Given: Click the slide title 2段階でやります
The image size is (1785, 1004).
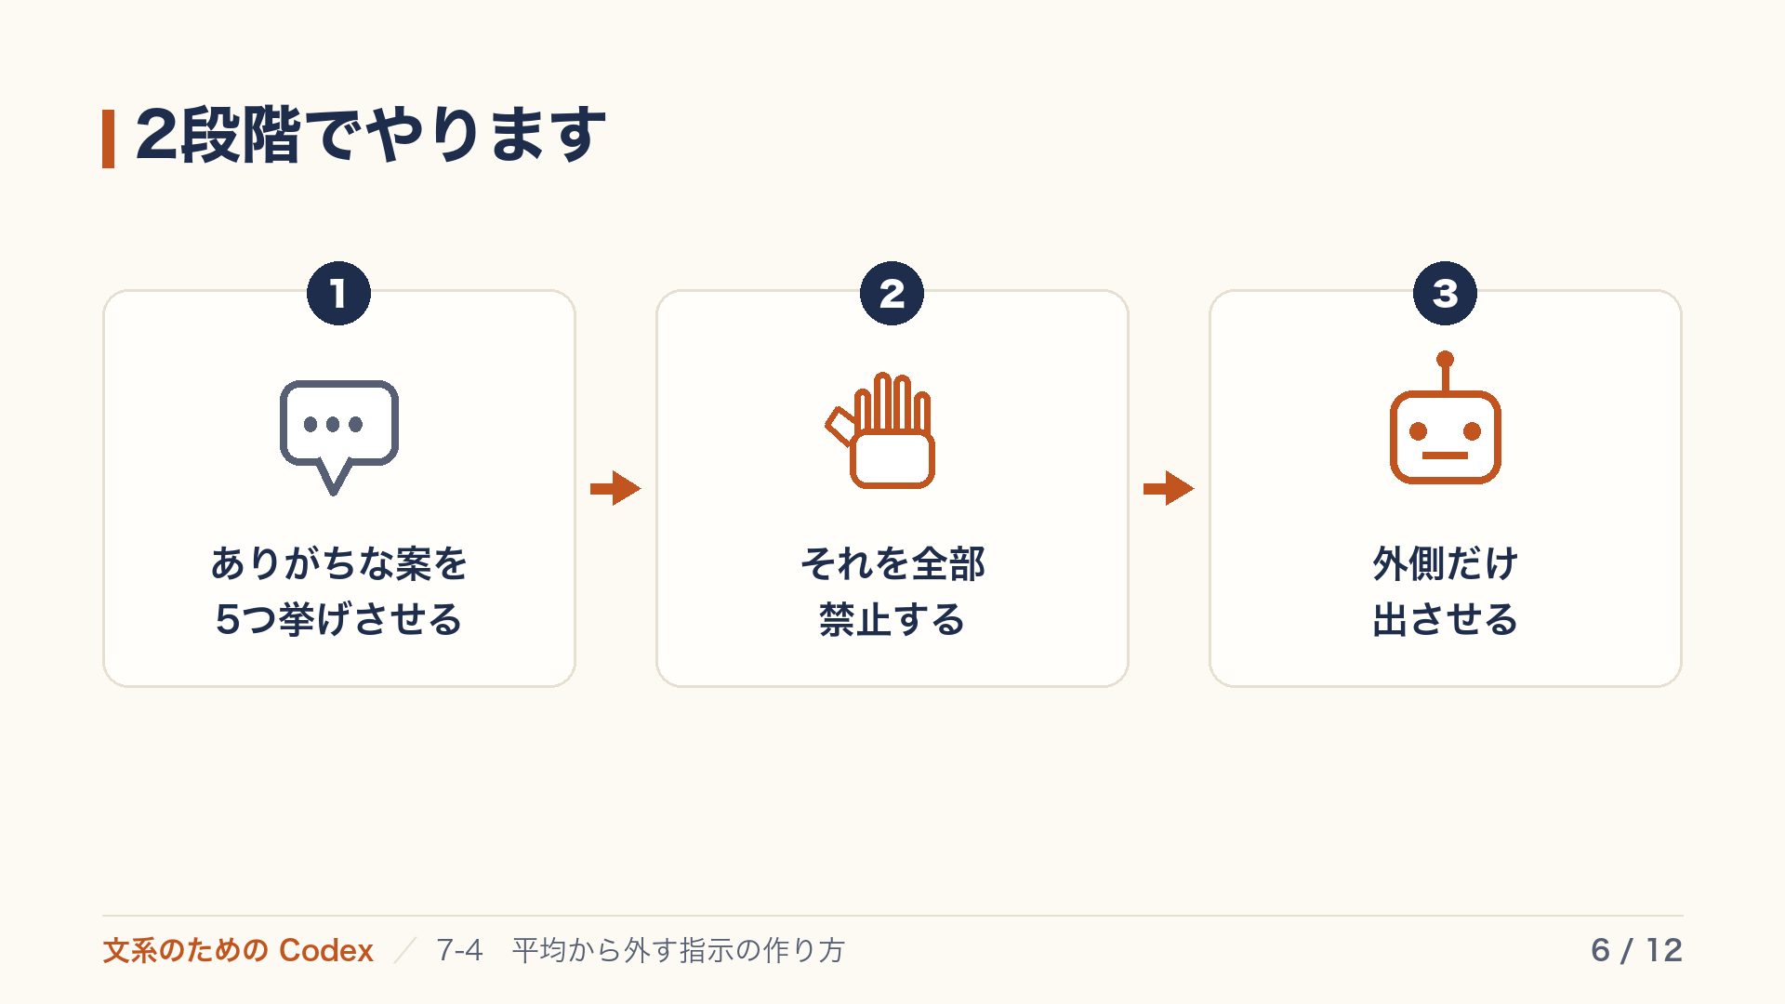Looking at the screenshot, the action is coord(371,136).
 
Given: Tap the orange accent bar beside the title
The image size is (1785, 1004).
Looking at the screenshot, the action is coord(108,139).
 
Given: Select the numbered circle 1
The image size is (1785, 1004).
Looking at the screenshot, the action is coord(338,294).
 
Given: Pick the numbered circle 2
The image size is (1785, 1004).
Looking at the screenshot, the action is coord(892,294).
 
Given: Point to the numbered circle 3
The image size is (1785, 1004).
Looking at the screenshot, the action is coord(1445,294).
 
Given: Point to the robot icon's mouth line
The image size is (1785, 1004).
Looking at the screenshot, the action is coord(1445,456).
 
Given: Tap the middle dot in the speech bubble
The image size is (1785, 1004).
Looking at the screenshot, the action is coord(333,425).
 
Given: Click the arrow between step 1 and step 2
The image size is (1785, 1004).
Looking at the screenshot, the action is coord(615,488).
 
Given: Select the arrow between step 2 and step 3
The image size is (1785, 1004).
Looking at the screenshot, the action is coord(1169,488).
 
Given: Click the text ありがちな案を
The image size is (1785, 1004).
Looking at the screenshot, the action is coord(338,563).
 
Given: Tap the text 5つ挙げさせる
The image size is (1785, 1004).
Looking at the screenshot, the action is coord(338,619).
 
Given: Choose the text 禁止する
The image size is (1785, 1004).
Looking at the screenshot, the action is coord(892,619).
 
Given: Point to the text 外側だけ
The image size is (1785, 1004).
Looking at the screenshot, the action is coord(1445,563).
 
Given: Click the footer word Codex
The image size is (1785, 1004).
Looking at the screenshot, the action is coord(326,950).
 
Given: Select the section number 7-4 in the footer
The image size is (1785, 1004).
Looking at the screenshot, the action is coord(459,950).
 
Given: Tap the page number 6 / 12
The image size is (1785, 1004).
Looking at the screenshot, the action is coord(1636,950).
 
